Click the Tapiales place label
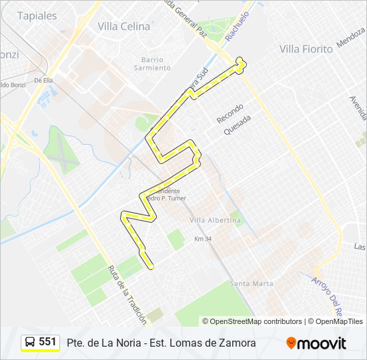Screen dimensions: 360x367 click(37, 16)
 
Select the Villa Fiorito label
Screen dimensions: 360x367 click(306, 49)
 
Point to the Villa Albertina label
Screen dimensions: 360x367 click(215, 220)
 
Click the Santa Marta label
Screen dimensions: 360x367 click(252, 283)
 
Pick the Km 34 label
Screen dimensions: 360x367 click(202, 239)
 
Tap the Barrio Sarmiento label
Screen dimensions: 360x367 click(152, 63)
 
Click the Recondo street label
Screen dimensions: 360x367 click(230, 113)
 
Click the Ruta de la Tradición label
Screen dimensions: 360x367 click(126, 294)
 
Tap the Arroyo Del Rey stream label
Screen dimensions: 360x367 click(327, 296)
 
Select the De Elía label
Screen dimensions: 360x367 click(43, 80)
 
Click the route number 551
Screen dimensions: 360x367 click(47, 342)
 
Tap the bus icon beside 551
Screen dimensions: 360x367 click(31, 342)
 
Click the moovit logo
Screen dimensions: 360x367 click(316, 343)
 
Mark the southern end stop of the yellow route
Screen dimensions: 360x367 click(151, 266)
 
